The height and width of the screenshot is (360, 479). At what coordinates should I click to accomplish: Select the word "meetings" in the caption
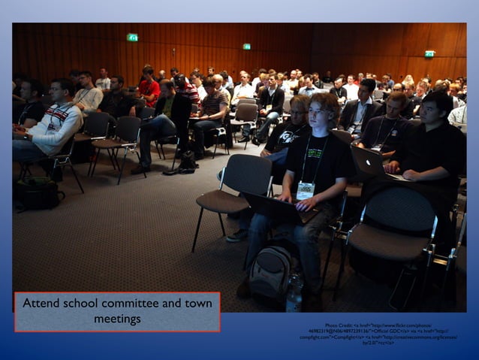click(117, 319)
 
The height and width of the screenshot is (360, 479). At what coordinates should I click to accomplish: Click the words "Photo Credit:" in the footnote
click(342, 325)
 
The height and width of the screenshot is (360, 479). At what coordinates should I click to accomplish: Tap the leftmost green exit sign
click(132, 38)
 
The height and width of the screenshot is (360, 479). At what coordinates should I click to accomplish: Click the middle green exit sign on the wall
click(246, 47)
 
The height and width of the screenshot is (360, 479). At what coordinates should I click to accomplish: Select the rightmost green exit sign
click(429, 54)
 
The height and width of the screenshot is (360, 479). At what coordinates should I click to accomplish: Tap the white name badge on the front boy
click(305, 190)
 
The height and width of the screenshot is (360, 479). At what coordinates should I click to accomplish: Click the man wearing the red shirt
click(149, 89)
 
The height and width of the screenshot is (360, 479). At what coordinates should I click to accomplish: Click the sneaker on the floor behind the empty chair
click(237, 235)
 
